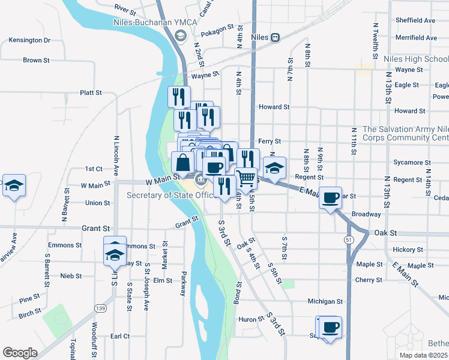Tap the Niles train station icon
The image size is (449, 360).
(275, 37)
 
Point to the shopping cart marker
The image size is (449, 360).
(246, 178)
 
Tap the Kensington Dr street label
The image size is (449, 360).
(29, 40)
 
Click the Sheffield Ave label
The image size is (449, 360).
(415, 20)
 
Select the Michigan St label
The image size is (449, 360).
(325, 301)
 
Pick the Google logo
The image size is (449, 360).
(20, 352)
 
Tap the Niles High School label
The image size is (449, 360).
(416, 59)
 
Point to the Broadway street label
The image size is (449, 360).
(366, 214)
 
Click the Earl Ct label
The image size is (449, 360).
(120, 337)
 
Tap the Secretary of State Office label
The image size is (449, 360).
(170, 195)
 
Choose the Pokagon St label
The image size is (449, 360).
(217, 28)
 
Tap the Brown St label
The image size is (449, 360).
(32, 60)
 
